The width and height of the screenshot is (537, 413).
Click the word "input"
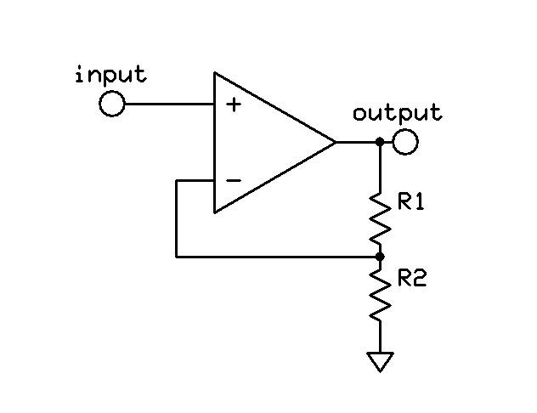pos(110,75)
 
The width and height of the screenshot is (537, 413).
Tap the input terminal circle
pos(111,105)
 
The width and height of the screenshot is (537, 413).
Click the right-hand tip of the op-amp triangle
pos(336,142)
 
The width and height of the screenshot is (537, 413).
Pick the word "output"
pos(397,113)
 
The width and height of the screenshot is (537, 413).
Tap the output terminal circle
pos(405,142)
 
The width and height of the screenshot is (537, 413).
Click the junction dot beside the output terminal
pos(380,142)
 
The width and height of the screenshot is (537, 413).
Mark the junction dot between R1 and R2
pos(380,255)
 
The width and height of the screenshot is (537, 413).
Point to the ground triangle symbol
pos(380,362)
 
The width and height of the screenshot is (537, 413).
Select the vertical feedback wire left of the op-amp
pos(176,218)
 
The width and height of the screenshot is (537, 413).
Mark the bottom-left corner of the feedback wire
pos(176,255)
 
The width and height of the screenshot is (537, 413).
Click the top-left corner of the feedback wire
pos(176,180)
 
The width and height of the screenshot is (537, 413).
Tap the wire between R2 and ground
pos(380,336)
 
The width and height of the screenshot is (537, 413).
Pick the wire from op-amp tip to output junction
pos(357,142)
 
